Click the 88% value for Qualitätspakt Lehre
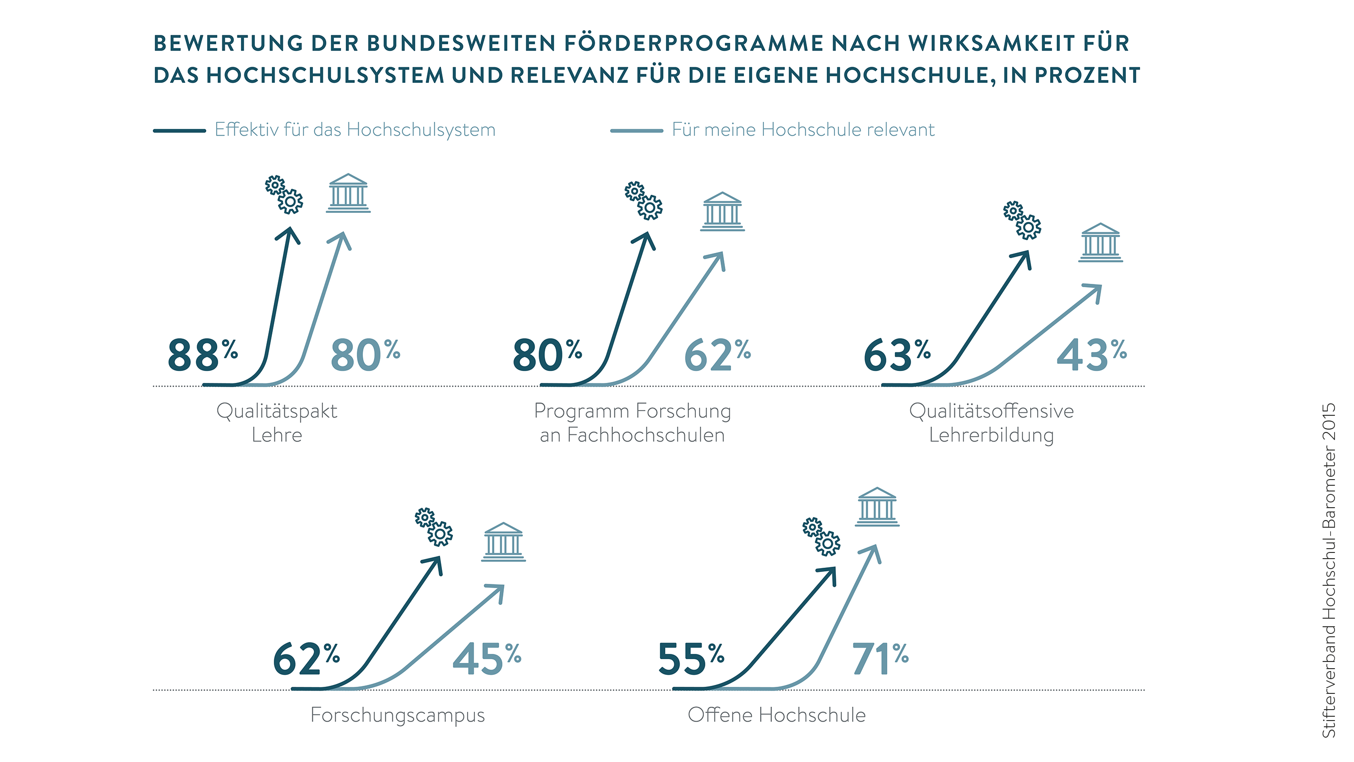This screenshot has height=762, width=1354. tap(202, 355)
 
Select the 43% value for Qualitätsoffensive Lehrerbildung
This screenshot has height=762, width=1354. tap(1091, 355)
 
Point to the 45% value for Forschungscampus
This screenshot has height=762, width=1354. tap(486, 659)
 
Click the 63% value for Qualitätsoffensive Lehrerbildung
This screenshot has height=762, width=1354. tap(897, 355)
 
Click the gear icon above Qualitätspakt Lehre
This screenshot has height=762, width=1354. tap(284, 194)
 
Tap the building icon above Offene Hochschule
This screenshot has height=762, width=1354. tap(877, 507)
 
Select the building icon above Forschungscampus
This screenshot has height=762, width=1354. tap(503, 542)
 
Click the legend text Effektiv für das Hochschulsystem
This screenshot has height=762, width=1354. tap(355, 130)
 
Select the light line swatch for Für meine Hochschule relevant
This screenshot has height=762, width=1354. tap(636, 130)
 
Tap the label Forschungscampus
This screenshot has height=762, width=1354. tap(397, 715)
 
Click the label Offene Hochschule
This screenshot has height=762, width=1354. tap(776, 715)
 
